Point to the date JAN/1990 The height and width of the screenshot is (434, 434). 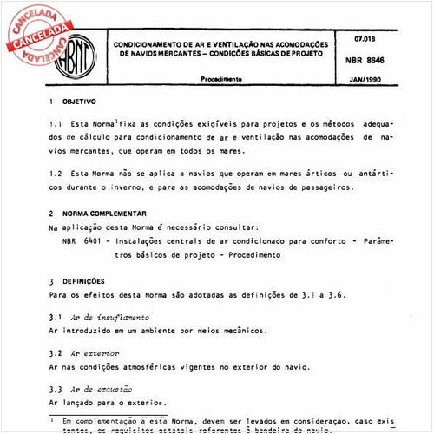370,79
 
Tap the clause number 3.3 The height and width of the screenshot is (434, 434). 56,390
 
